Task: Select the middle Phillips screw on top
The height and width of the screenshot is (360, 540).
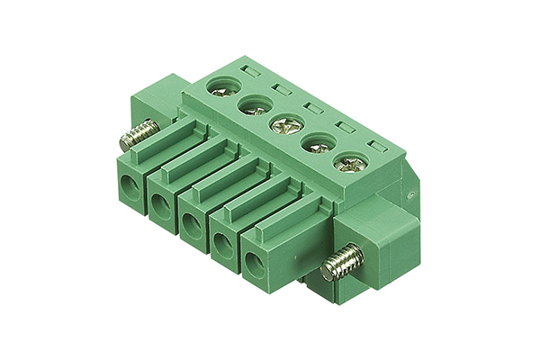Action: (x=282, y=125)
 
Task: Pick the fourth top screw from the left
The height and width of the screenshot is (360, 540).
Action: (x=315, y=144)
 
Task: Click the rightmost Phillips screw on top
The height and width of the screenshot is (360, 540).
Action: (x=349, y=165)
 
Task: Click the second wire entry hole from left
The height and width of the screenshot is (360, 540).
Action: (x=160, y=208)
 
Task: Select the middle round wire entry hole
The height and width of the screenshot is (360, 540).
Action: (x=192, y=226)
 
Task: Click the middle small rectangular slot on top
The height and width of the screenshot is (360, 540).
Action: (x=312, y=107)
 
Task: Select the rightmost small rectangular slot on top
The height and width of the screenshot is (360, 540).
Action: (x=375, y=144)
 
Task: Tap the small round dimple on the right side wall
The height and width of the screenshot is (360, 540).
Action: (x=409, y=192)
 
